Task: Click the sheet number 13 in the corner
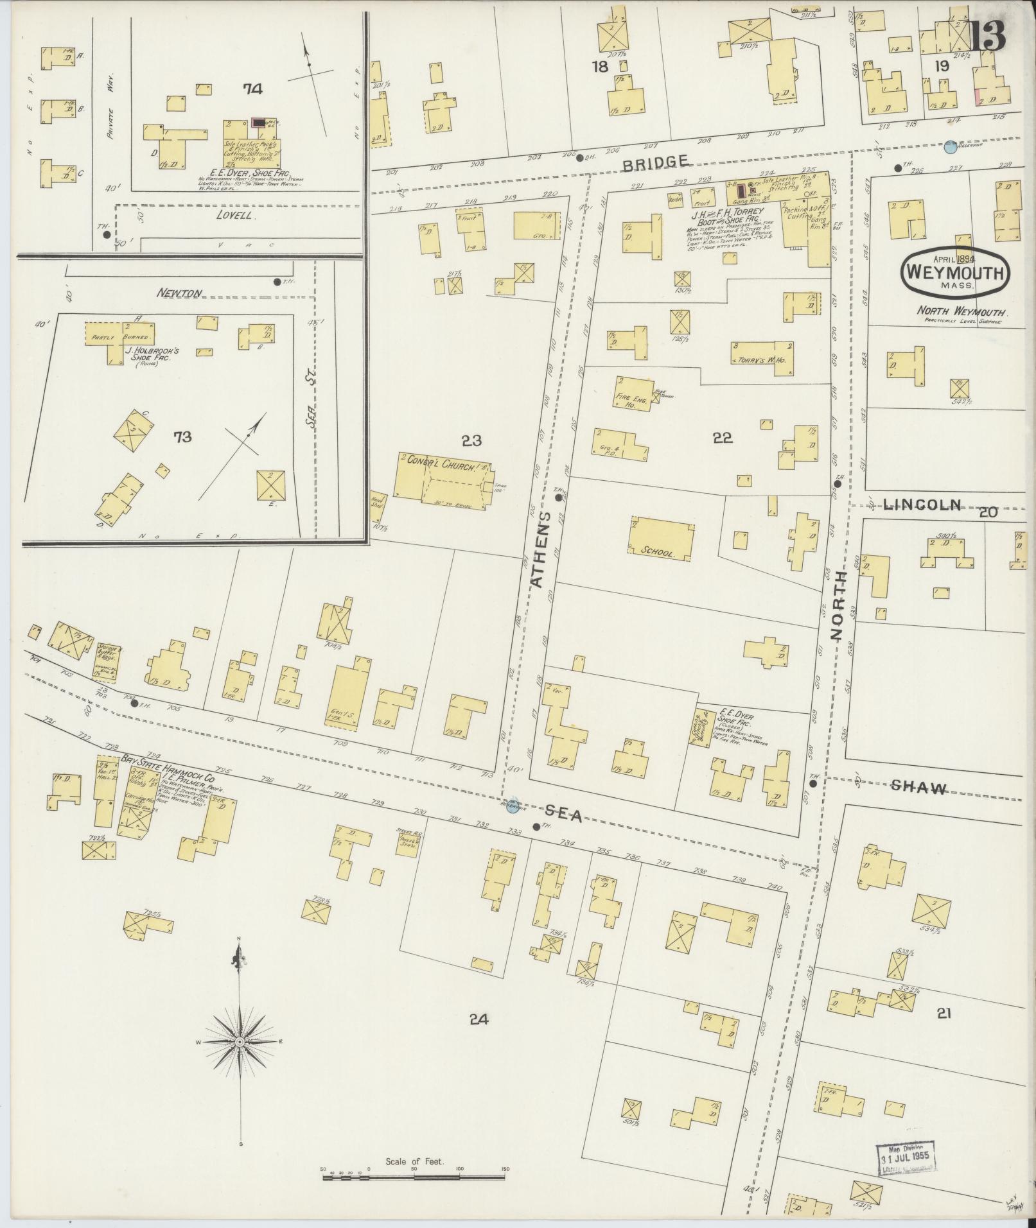pyautogui.click(x=987, y=35)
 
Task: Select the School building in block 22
pyautogui.click(x=660, y=537)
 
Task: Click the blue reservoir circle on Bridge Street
pyautogui.click(x=950, y=148)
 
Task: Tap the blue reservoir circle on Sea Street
pyautogui.click(x=511, y=807)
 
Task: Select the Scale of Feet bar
pyautogui.click(x=414, y=1177)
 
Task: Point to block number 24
pyautogui.click(x=479, y=1019)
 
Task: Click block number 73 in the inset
pyautogui.click(x=182, y=437)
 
